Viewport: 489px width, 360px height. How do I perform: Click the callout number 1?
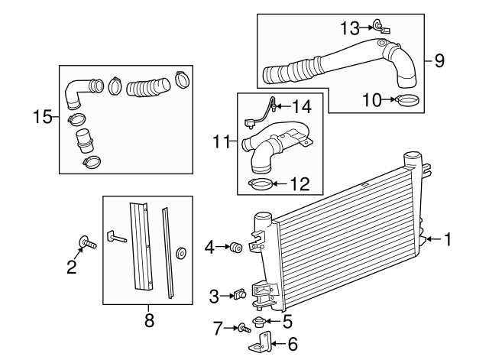click(449, 239)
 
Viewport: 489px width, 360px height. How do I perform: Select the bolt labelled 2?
click(86, 245)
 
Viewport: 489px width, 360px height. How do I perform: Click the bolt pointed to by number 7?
click(243, 328)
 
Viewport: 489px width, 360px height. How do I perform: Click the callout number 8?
click(149, 321)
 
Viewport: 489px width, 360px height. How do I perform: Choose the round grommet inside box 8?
click(180, 254)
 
